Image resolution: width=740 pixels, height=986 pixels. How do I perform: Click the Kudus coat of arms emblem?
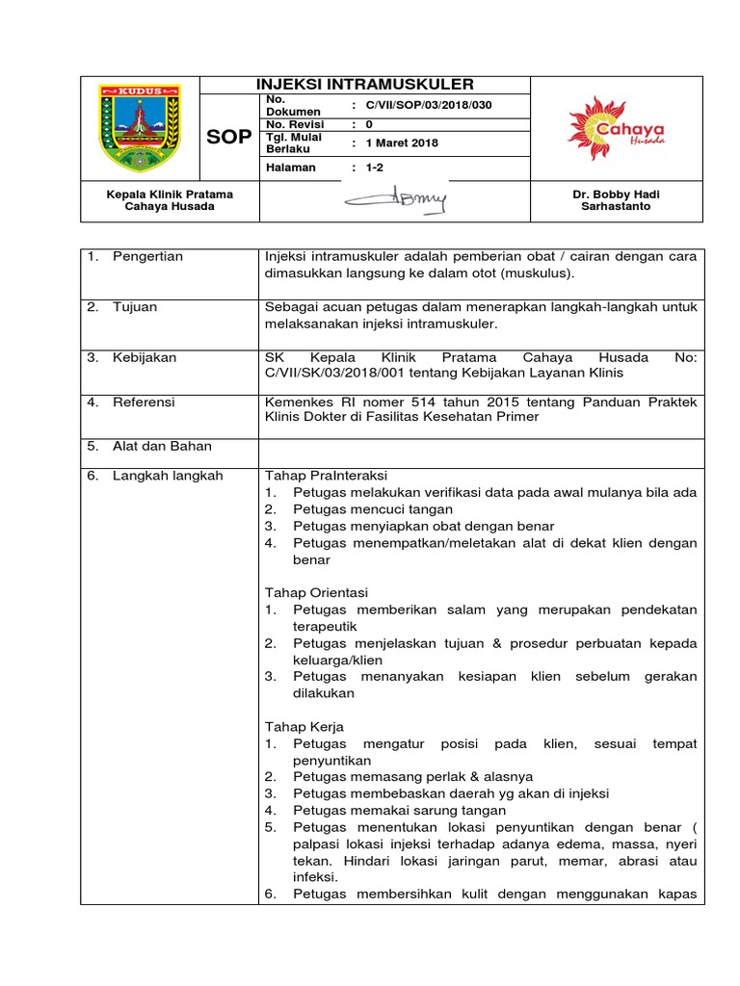140,127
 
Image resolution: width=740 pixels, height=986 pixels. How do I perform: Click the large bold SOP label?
228,137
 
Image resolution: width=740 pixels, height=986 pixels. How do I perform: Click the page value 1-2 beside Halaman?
374,168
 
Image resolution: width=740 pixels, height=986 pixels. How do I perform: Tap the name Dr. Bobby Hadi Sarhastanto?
617,200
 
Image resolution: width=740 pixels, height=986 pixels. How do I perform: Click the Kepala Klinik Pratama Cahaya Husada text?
170,200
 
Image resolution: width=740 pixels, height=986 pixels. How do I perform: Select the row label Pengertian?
147,257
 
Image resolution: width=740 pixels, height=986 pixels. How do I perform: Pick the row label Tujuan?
135,307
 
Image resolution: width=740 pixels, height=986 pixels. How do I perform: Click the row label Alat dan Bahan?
162,446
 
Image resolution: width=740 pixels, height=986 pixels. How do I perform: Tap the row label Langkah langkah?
168,476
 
